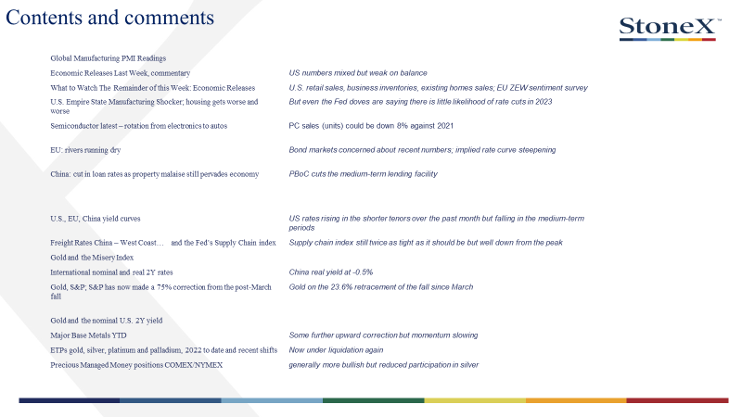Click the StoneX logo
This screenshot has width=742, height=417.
pyautogui.click(x=670, y=29)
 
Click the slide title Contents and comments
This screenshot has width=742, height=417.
pyautogui.click(x=109, y=18)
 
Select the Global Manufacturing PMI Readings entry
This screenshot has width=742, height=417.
pyautogui.click(x=109, y=58)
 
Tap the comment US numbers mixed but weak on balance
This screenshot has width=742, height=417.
pyautogui.click(x=358, y=73)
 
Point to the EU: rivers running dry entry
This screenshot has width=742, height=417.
pyautogui.click(x=85, y=150)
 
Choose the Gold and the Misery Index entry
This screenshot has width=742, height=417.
pyautogui.click(x=92, y=258)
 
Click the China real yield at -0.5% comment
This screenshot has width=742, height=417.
pyautogui.click(x=331, y=272)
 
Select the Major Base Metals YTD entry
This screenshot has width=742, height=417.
pyautogui.click(x=88, y=335)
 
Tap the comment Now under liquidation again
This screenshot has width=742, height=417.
pyautogui.click(x=336, y=350)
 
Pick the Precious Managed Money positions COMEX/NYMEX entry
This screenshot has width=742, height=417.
pyautogui.click(x=136, y=365)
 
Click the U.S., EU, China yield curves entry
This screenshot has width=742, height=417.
pyautogui.click(x=96, y=219)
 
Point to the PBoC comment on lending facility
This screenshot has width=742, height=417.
pyautogui.click(x=363, y=174)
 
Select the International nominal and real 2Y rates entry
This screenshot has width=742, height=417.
pyautogui.click(x=111, y=272)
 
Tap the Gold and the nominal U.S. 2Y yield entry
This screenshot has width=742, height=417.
pyautogui.click(x=107, y=321)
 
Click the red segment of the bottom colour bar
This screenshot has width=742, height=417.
pyautogui.click(x=678, y=400)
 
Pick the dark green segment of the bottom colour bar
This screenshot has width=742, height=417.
pyautogui.click(x=374, y=400)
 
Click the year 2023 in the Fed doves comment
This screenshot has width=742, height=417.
pyautogui.click(x=544, y=102)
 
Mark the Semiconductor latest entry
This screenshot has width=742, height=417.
pyautogui.click(x=138, y=126)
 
